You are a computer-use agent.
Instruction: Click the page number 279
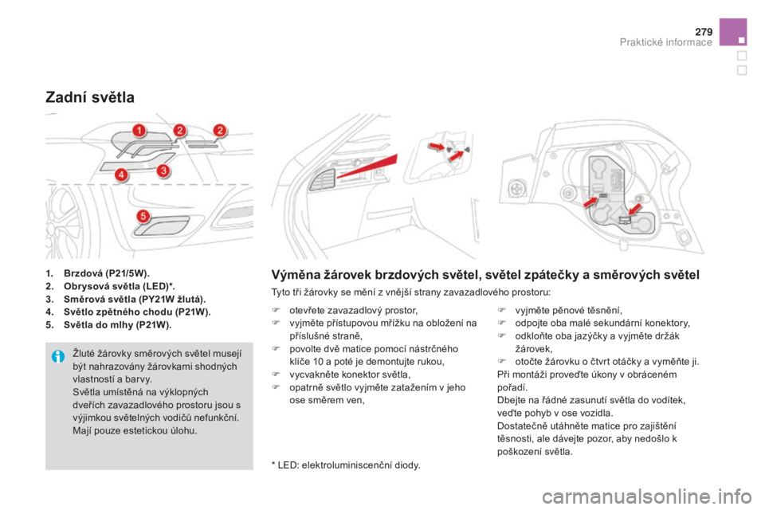(x=704, y=32)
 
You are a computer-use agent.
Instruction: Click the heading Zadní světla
(x=90, y=97)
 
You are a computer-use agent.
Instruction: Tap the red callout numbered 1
(x=139, y=131)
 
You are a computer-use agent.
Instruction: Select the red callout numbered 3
(x=163, y=171)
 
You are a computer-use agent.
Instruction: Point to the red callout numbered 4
(x=121, y=175)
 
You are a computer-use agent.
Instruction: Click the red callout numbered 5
(x=143, y=216)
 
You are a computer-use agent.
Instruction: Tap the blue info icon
(x=57, y=356)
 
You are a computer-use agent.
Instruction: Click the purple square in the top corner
(x=733, y=32)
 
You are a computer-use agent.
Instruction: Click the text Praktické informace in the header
(x=665, y=42)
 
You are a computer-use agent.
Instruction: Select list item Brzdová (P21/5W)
(x=97, y=273)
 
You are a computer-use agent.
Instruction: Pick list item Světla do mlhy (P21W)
(x=108, y=325)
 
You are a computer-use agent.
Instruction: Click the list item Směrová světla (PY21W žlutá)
(x=125, y=299)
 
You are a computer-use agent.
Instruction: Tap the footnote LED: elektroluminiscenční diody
(x=346, y=465)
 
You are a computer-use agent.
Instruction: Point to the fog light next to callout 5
(x=162, y=226)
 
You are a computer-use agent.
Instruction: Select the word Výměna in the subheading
(x=292, y=275)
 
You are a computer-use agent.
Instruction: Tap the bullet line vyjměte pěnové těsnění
(x=559, y=311)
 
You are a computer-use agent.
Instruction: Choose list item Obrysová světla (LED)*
(x=110, y=286)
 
